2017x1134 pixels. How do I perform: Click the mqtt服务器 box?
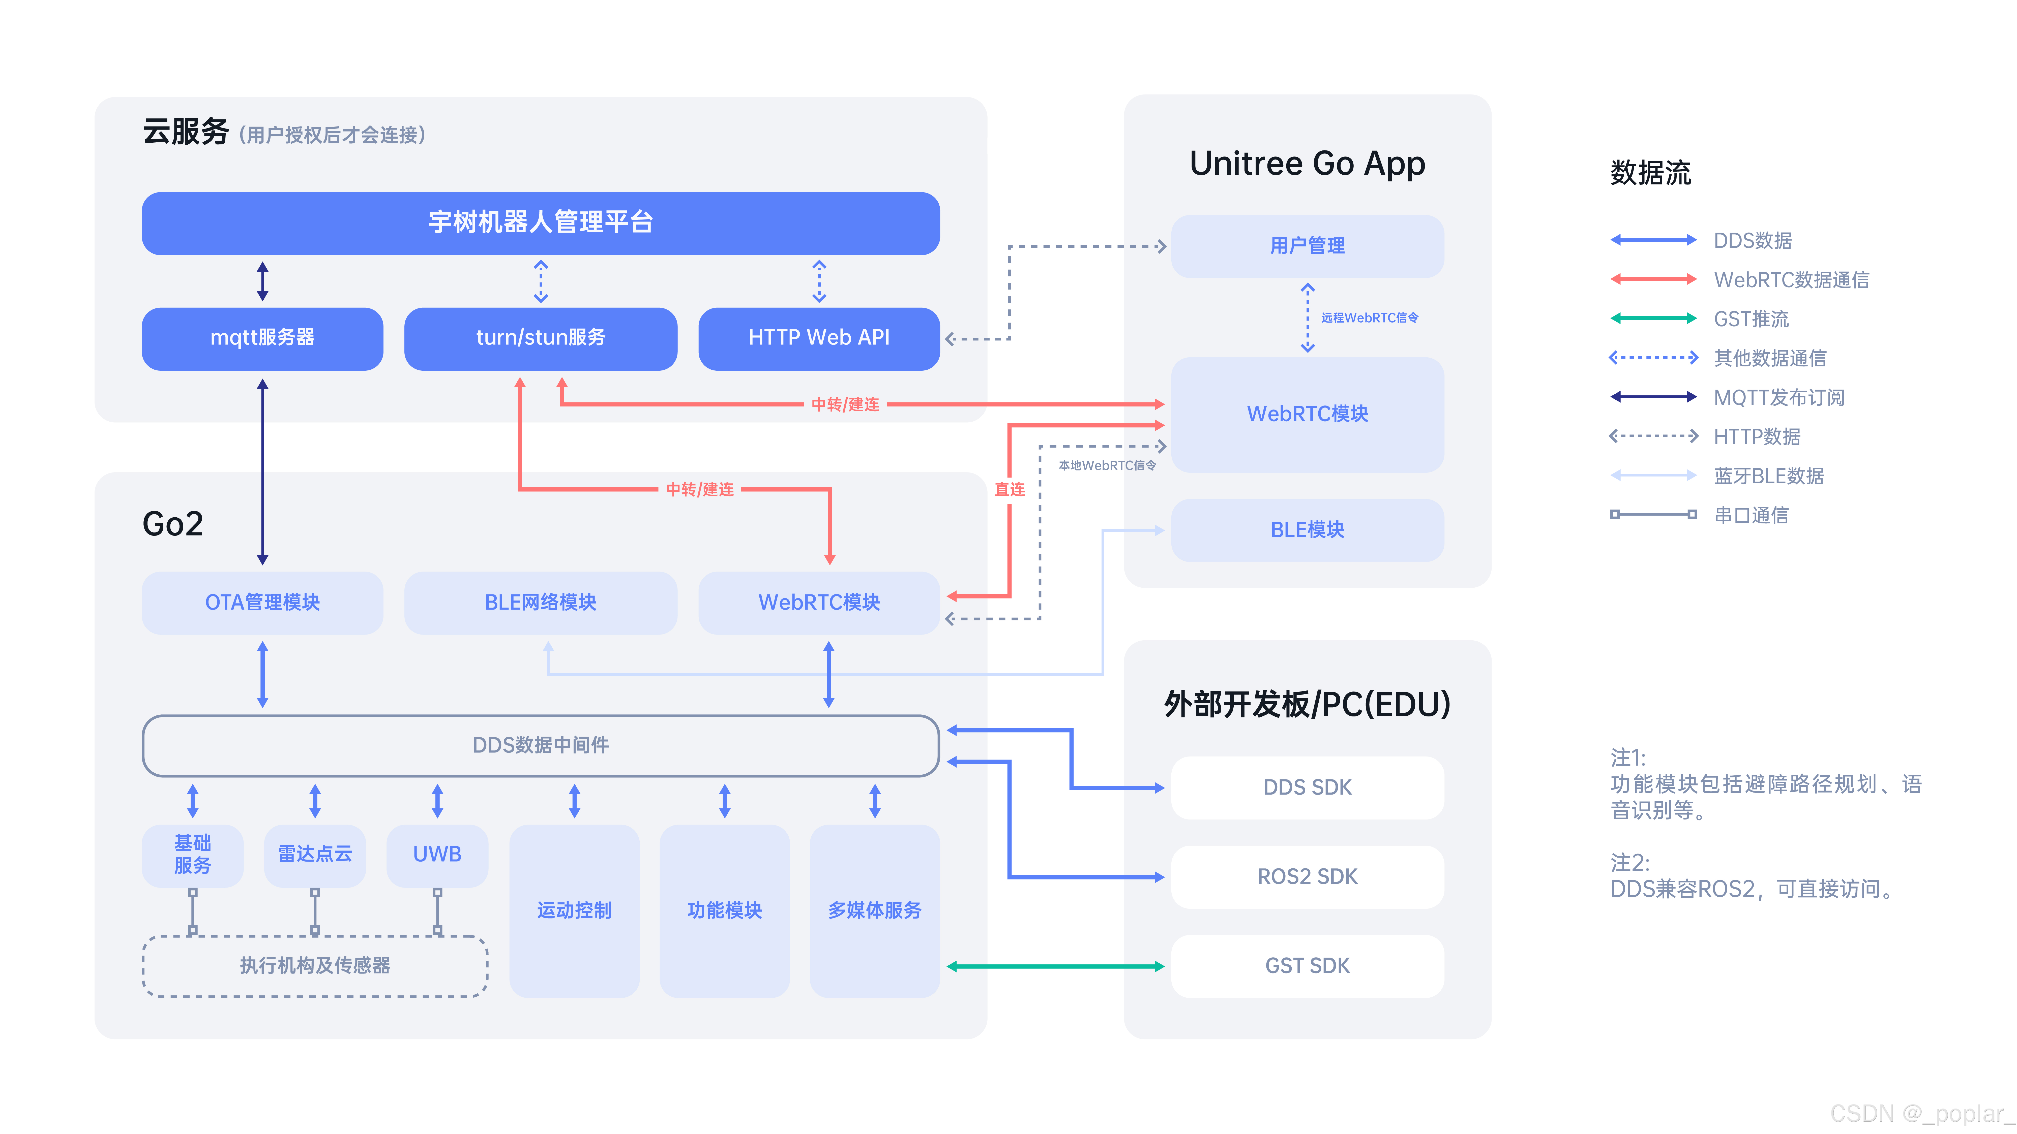click(262, 338)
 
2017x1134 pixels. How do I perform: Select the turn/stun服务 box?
click(540, 338)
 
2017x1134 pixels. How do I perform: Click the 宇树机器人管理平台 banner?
click(540, 223)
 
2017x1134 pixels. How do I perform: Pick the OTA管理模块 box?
click(262, 603)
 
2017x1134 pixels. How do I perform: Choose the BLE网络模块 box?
click(540, 603)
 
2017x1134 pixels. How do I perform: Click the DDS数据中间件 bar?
click(540, 745)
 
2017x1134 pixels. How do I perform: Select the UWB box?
click(437, 855)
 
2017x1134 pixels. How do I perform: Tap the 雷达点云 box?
click(315, 855)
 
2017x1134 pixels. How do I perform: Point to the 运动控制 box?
click(574, 910)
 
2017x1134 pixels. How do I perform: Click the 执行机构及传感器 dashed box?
click(315, 966)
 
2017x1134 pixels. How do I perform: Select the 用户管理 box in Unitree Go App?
click(1307, 246)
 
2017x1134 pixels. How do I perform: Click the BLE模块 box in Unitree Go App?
click(1307, 530)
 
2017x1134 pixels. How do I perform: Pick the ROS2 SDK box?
click(1307, 876)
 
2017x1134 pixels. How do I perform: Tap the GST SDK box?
click(1307, 966)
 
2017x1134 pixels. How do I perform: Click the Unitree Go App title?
click(1307, 164)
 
